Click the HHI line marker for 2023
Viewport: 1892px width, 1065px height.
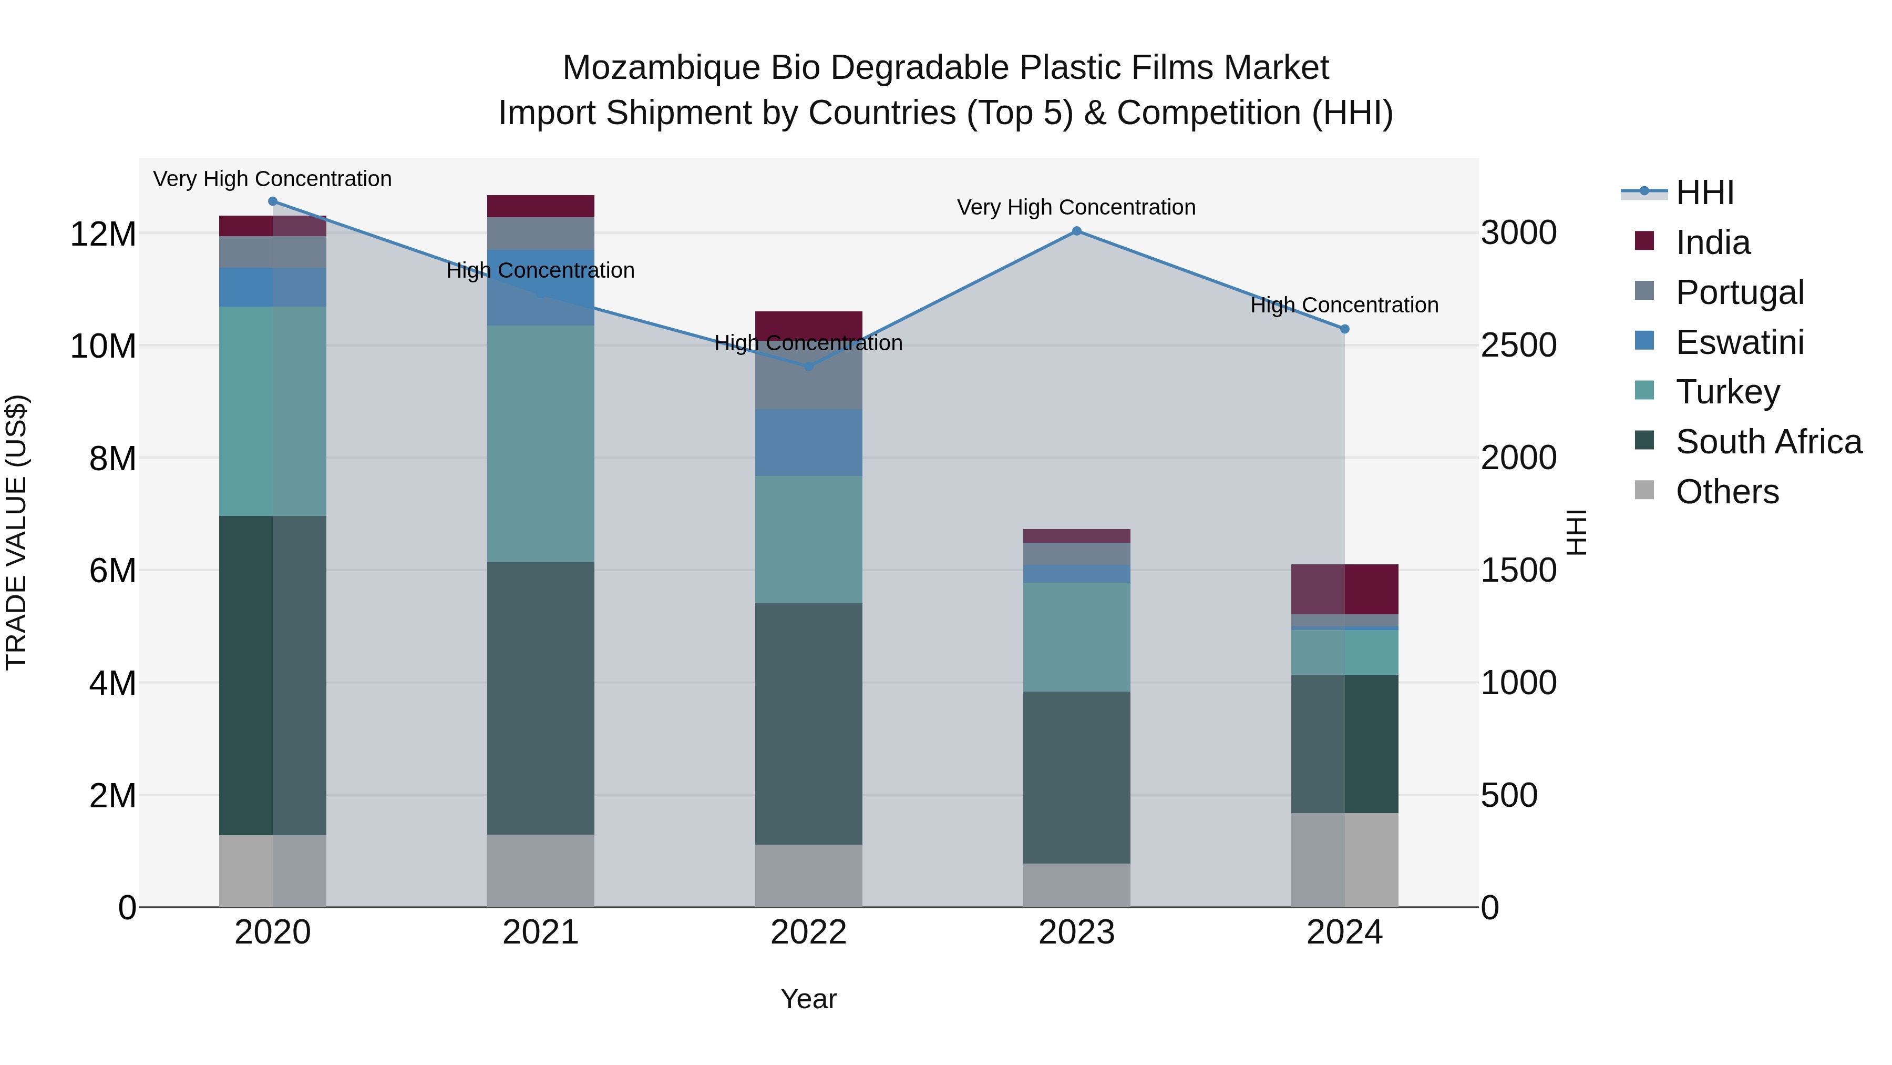1077,231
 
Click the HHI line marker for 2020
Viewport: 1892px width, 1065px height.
272,201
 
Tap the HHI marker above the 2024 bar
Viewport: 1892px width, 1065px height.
1345,329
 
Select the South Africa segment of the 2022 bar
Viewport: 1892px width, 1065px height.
809,724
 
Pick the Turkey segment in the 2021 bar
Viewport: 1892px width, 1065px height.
541,444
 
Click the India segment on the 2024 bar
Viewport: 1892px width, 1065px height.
1345,590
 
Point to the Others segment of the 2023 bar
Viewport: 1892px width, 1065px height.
1077,885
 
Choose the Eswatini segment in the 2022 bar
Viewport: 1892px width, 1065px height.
809,442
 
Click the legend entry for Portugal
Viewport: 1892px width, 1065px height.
1739,292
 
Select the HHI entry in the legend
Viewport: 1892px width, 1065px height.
1704,192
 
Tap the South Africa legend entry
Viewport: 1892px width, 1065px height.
1768,442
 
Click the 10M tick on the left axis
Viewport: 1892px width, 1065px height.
103,346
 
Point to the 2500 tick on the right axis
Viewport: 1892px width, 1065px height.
1518,346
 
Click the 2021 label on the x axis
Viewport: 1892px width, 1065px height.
541,932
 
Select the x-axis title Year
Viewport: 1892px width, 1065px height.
809,999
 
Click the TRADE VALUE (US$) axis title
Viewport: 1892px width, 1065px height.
16,532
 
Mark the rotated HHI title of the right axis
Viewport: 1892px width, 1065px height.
1577,532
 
